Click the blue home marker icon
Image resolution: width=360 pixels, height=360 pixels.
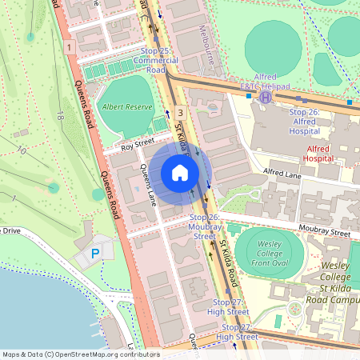click(x=180, y=173)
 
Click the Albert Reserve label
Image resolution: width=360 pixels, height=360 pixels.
click(x=122, y=106)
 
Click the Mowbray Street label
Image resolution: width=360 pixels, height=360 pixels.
click(x=327, y=232)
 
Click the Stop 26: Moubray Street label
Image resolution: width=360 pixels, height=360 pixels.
click(x=204, y=226)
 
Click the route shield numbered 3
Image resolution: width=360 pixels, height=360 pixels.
click(x=181, y=114)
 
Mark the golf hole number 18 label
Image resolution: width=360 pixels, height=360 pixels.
click(x=59, y=117)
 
